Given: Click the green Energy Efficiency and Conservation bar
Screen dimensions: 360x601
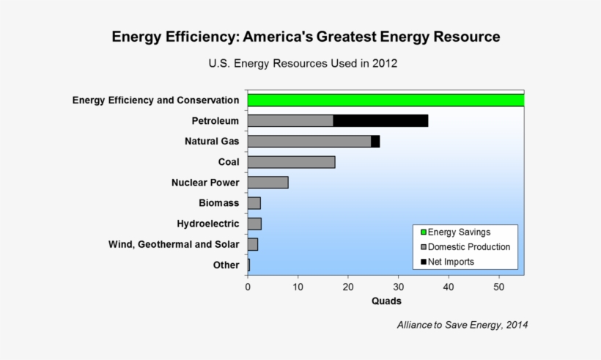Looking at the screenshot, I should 386,100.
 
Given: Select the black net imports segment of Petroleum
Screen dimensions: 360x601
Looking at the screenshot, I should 380,121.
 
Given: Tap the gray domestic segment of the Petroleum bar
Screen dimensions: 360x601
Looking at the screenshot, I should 290,121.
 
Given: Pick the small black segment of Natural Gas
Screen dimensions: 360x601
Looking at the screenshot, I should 375,142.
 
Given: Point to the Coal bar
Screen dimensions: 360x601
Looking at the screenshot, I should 291,162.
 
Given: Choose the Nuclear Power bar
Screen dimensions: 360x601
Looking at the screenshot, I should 268,183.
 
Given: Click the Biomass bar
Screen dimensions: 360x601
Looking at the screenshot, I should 254,203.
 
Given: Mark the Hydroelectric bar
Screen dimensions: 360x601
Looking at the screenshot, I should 254,224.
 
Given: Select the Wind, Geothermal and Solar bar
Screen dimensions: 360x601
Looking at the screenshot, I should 253,244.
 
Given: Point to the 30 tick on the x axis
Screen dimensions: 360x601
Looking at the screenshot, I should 398,286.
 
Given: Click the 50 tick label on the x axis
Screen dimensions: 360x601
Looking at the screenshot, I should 498,286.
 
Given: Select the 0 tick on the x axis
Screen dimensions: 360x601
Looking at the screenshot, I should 248,286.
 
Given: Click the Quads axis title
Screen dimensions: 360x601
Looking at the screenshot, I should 386,301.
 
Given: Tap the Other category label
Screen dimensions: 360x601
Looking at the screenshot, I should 226,265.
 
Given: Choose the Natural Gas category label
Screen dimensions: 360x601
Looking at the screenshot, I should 212,141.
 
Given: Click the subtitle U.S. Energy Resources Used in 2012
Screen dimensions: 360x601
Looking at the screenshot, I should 303,63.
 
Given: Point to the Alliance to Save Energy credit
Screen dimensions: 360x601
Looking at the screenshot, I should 462,324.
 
